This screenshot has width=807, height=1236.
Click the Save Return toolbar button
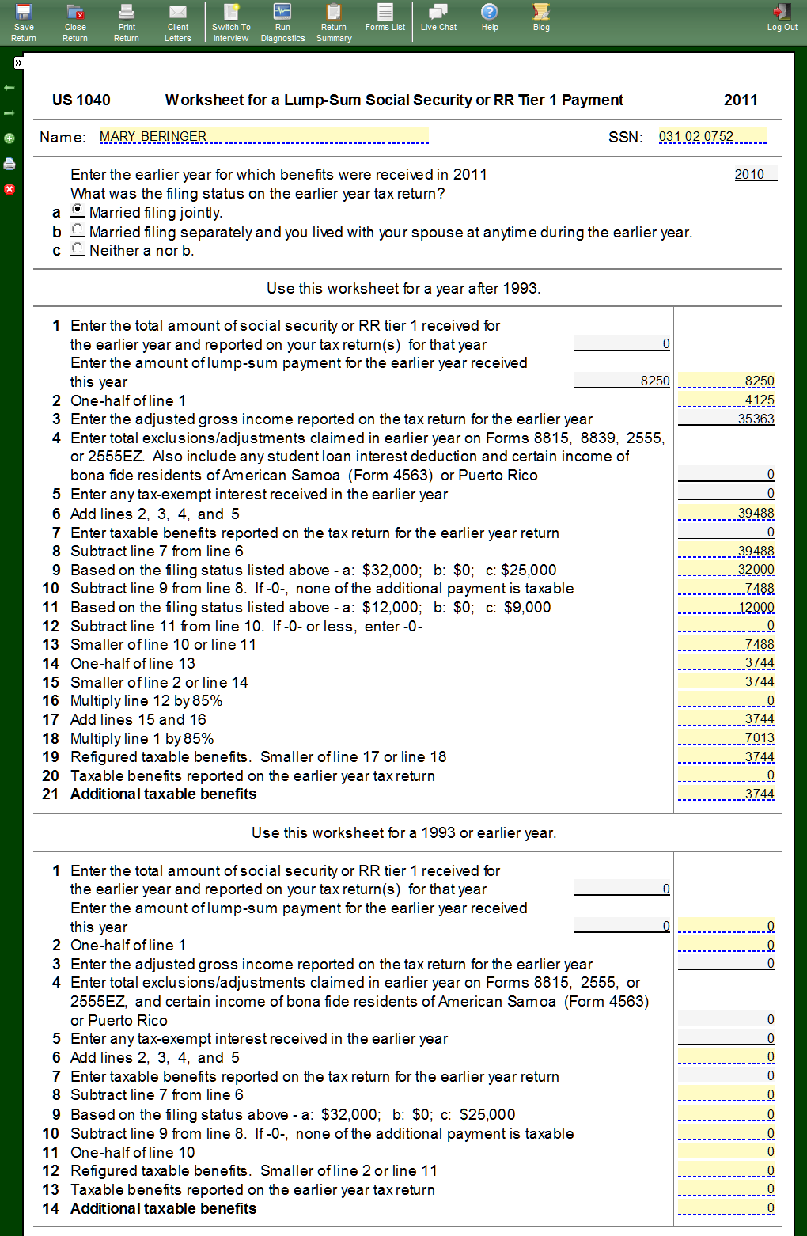pos(24,22)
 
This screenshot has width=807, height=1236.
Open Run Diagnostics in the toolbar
pos(282,22)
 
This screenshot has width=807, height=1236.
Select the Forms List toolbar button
pos(385,17)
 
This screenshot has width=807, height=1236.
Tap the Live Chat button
pos(438,17)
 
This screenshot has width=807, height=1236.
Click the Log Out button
pos(782,17)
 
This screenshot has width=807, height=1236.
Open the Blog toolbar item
pos(541,17)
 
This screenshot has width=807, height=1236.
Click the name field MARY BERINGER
pos(263,136)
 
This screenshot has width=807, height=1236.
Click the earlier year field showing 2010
pos(755,174)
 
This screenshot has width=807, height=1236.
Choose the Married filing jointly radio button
pos(78,210)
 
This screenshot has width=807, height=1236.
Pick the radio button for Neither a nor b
pos(78,248)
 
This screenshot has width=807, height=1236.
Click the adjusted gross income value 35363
pos(726,419)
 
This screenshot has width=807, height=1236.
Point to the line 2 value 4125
pos(726,400)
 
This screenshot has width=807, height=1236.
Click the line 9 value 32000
pos(726,570)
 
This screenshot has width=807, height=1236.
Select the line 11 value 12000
pos(726,607)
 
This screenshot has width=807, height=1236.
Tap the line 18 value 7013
pos(726,738)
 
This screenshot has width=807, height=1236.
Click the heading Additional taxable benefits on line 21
pos(163,794)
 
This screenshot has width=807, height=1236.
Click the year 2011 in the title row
pos(741,100)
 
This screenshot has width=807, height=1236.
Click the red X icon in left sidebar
pos(9,189)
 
